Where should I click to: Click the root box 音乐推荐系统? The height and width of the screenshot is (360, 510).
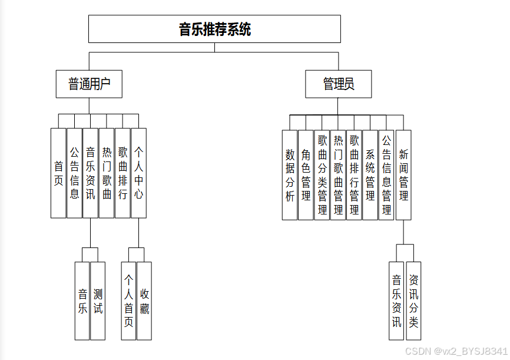point(215,29)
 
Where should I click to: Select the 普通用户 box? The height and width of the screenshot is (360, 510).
point(89,84)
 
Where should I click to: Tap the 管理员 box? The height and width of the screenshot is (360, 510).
point(338,84)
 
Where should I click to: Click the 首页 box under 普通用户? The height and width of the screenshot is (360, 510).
point(58,173)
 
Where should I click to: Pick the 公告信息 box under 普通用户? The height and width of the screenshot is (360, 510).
point(74,173)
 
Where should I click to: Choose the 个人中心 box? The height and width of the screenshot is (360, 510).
point(139,173)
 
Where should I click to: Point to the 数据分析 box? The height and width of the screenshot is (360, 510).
point(290,175)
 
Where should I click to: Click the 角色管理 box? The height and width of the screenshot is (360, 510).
point(306,175)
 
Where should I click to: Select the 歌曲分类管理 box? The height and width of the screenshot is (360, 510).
point(322,175)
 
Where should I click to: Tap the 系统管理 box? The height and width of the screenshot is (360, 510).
point(370,175)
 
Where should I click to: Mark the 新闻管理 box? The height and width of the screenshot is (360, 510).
point(403,175)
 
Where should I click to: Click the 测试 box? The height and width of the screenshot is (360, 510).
point(98,301)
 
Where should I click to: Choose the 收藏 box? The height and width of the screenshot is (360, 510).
point(144,301)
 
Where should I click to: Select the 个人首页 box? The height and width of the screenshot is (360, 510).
point(128,301)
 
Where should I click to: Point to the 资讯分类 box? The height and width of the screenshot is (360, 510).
point(414,301)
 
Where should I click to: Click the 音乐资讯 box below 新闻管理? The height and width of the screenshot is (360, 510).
point(396,301)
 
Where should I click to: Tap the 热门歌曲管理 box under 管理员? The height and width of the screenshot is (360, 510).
point(338,175)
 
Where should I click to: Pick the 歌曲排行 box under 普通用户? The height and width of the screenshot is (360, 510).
point(122,173)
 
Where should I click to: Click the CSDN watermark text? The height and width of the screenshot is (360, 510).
point(456,351)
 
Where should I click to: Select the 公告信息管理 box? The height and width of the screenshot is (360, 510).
point(386,175)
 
